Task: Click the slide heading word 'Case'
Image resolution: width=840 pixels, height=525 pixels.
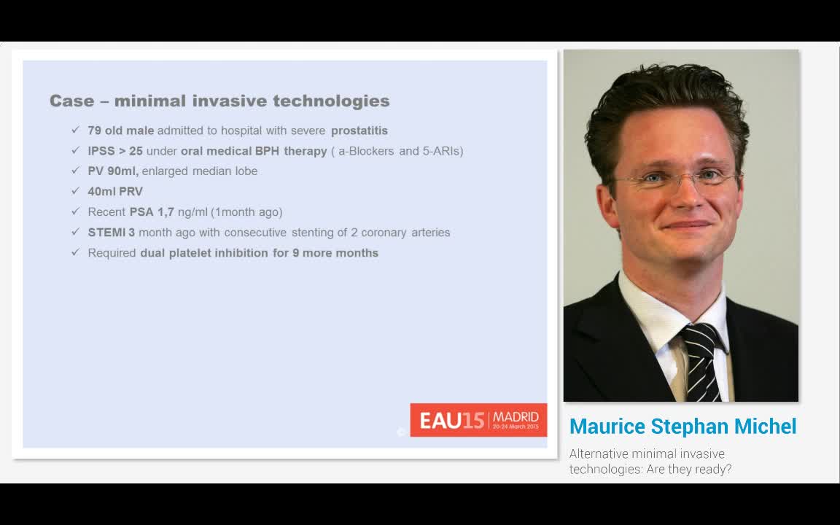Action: pyautogui.click(x=71, y=101)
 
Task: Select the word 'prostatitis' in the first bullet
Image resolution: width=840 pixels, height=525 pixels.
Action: pyautogui.click(x=359, y=131)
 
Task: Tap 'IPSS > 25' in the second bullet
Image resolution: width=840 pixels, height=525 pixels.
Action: pyautogui.click(x=115, y=151)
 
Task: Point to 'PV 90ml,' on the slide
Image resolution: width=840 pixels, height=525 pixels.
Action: pyautogui.click(x=113, y=171)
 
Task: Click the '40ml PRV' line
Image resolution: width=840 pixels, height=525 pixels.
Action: pyautogui.click(x=115, y=192)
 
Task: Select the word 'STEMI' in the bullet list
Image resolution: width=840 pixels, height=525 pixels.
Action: pyautogui.click(x=106, y=233)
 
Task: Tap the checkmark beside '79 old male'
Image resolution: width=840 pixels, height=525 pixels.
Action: pyautogui.click(x=75, y=130)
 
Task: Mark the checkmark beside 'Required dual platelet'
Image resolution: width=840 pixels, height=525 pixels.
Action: pyautogui.click(x=75, y=252)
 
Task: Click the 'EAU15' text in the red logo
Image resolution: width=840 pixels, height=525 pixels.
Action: pyautogui.click(x=451, y=421)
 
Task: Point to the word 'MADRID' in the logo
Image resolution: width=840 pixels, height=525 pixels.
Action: pyautogui.click(x=516, y=416)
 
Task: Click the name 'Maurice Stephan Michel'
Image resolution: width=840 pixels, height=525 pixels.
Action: pyautogui.click(x=682, y=427)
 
